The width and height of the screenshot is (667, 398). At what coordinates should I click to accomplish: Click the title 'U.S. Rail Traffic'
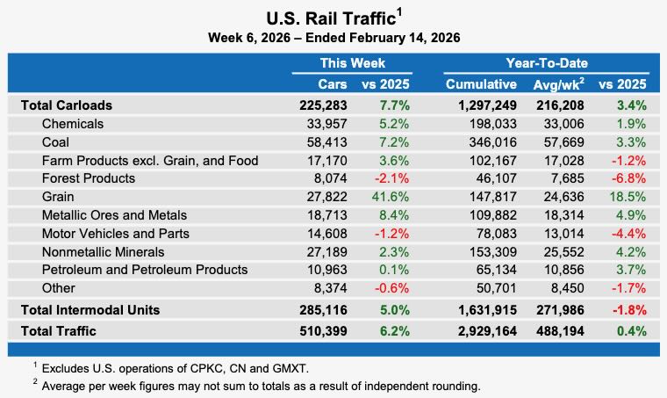pos(329,18)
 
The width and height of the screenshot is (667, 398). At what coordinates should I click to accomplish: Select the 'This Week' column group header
pos(351,63)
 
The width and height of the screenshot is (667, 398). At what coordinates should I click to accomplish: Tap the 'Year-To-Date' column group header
pos(546,63)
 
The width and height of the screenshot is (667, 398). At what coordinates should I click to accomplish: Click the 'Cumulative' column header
pos(481,84)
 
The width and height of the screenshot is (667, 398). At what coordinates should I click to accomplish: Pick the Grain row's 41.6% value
pos(392,197)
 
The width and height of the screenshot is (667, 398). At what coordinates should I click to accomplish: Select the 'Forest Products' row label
pos(89,178)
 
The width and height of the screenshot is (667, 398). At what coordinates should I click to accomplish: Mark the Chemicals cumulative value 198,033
pos(492,123)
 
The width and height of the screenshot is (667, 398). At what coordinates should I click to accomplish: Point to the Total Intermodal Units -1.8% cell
pos(628,309)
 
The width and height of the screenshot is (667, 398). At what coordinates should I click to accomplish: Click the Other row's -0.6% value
pos(392,288)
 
